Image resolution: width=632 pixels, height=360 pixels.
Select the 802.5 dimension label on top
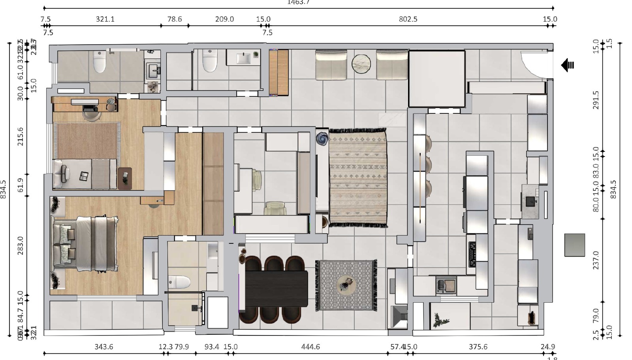[x=408, y=19]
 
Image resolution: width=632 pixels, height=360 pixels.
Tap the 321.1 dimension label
[x=105, y=19]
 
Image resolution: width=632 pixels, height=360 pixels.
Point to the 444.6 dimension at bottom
[x=310, y=347]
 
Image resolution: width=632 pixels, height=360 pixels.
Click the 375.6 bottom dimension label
[x=478, y=347]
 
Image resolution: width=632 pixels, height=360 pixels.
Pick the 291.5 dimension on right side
[x=596, y=100]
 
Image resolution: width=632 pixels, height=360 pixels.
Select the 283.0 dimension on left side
[x=21, y=245]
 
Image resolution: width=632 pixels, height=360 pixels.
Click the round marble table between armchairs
[x=361, y=64]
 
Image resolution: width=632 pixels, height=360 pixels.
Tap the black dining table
[x=276, y=288]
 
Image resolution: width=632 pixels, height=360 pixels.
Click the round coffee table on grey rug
[x=346, y=284]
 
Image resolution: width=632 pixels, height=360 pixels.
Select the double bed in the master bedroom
[x=85, y=244]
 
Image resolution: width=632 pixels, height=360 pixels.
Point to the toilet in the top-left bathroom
[x=100, y=62]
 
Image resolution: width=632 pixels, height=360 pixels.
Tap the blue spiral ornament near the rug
[x=322, y=138]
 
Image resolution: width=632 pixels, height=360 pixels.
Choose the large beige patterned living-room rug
[x=358, y=177]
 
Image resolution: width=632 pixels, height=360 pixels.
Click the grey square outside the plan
[x=574, y=245]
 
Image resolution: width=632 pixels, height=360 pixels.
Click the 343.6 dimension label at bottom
[x=103, y=347]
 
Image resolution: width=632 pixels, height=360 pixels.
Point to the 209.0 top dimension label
[x=224, y=19]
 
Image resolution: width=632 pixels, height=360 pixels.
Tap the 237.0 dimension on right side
[x=596, y=260]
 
